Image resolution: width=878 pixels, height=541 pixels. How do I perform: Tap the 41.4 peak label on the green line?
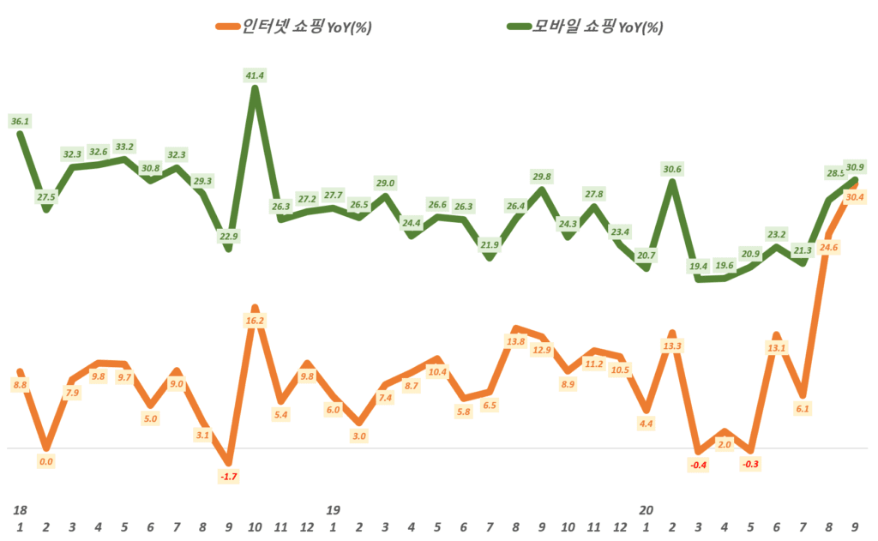pos(255,76)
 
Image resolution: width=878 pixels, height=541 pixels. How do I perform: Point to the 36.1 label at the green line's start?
pos(20,122)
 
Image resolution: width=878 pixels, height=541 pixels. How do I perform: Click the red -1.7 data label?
pos(229,476)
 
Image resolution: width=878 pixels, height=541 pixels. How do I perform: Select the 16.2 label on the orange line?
pos(255,320)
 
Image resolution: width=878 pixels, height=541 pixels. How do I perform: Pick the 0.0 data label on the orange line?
pos(46,461)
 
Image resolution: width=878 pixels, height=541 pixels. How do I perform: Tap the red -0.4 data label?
pos(698,465)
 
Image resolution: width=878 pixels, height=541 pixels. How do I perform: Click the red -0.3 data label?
pos(750,464)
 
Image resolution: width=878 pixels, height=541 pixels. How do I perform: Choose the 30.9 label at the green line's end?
pos(855,166)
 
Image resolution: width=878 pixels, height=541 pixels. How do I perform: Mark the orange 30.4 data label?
pos(855,197)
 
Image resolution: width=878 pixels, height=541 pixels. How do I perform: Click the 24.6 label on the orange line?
pos(828,248)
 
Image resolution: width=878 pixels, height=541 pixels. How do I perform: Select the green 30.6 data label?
pos(672,170)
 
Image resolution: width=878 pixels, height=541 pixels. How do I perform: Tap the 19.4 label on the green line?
pos(698,266)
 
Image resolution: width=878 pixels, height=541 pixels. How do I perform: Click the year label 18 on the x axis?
pos(19,509)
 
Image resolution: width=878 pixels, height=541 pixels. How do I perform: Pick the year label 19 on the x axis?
pos(333,509)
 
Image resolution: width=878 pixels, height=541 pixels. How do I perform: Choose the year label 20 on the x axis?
pos(646,509)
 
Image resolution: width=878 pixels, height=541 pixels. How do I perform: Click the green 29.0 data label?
pos(385,183)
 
